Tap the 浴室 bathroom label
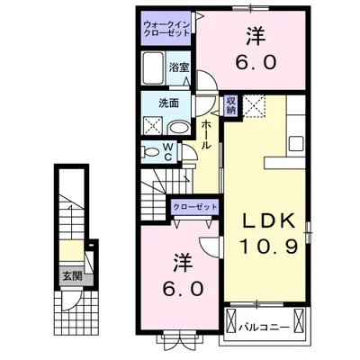pyautogui.click(x=178, y=67)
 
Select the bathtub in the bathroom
pyautogui.click(x=154, y=69)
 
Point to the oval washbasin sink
pyautogui.click(x=176, y=126)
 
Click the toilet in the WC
pyautogui.click(x=153, y=150)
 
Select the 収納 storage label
pyautogui.click(x=231, y=104)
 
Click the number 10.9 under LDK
pyautogui.click(x=266, y=246)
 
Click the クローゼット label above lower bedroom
pyautogui.click(x=195, y=206)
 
